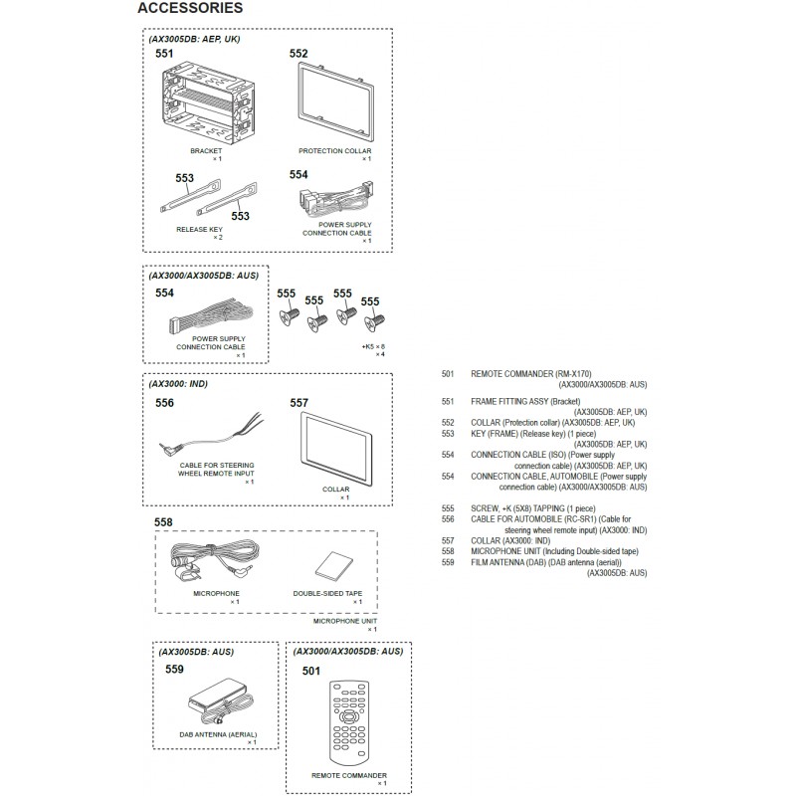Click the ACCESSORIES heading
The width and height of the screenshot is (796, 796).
tap(190, 8)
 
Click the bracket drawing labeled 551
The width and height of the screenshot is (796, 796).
tap(209, 105)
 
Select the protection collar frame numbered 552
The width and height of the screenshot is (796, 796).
tap(336, 102)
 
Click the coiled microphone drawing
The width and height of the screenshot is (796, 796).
tap(214, 561)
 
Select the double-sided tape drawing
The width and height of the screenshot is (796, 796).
tap(333, 565)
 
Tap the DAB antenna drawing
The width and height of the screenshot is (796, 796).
tap(220, 701)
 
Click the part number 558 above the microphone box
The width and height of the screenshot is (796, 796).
tap(163, 522)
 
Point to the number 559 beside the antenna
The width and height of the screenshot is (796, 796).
tap(175, 669)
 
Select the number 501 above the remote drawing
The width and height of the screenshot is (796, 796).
tap(311, 671)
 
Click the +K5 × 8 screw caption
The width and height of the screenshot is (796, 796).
tap(373, 346)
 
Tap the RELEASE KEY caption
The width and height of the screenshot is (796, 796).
tap(200, 230)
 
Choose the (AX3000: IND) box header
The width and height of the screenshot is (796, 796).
tap(178, 384)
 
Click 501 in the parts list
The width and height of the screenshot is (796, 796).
tap(448, 374)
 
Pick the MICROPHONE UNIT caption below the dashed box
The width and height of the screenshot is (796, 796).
tap(345, 621)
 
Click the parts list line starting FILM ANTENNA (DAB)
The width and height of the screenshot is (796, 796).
tap(546, 562)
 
